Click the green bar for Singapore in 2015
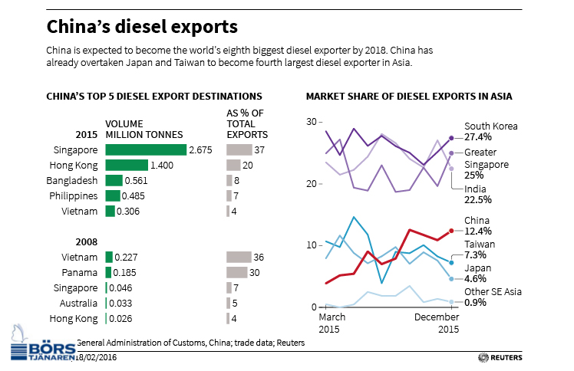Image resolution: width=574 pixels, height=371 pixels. [x=146, y=150]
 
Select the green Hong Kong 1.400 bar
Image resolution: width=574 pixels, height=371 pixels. [x=127, y=166]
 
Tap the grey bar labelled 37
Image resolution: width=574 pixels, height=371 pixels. [x=239, y=150]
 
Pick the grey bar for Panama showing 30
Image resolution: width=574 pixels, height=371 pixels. [x=236, y=273]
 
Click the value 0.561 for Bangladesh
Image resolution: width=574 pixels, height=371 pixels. [x=137, y=181]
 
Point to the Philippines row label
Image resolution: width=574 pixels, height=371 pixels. [x=73, y=196]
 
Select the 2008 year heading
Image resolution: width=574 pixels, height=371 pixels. [x=87, y=242]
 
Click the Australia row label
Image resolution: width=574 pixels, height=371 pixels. [x=78, y=304]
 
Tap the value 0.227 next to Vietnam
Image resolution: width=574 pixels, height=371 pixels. [x=126, y=258]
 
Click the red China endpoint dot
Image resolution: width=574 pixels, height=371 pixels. [x=451, y=231]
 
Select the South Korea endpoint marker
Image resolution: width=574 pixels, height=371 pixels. [x=451, y=138]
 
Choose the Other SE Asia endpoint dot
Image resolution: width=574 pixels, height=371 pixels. [x=451, y=302]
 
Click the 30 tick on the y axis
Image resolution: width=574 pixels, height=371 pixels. [x=312, y=122]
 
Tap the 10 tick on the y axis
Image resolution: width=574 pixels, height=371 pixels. [x=312, y=245]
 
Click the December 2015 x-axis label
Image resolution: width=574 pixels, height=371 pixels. [x=437, y=323]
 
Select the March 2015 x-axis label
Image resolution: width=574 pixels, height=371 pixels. [x=332, y=323]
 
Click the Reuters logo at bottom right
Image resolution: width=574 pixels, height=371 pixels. [x=500, y=357]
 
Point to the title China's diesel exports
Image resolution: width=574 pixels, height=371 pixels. [x=142, y=27]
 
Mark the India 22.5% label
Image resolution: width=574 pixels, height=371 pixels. [x=478, y=195]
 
